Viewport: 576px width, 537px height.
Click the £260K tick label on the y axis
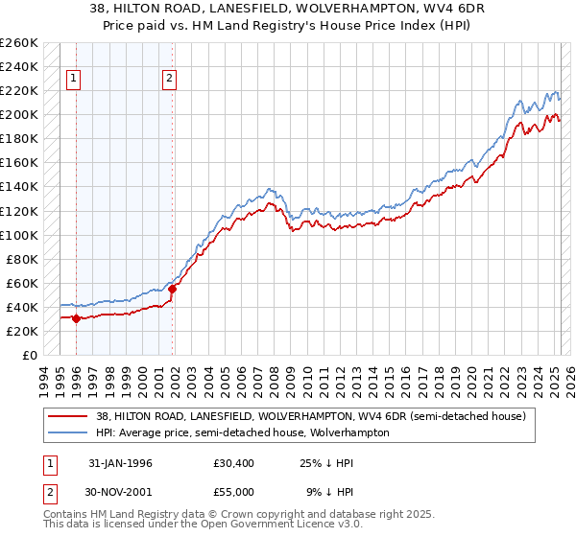19,43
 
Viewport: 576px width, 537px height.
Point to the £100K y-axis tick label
19,235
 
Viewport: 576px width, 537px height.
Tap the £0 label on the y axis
30,355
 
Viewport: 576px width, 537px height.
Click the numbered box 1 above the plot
75,80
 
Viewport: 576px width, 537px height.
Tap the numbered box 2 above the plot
169,80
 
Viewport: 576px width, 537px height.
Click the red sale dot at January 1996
76,318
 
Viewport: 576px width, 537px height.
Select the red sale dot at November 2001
173,289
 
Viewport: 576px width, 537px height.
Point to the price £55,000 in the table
234,491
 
